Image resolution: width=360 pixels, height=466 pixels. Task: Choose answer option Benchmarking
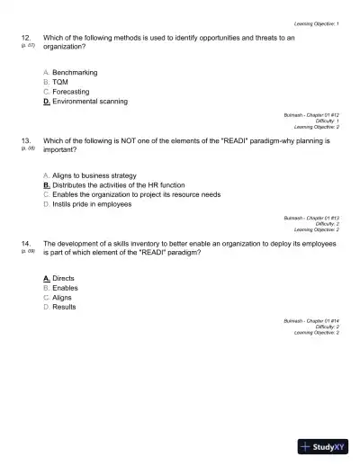click(75, 72)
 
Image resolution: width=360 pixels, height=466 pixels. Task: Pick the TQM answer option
click(60, 82)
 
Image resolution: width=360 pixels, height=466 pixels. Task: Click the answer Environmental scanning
click(89, 102)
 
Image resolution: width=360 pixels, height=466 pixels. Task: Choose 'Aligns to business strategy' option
click(94, 175)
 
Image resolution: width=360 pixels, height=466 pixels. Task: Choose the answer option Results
click(64, 308)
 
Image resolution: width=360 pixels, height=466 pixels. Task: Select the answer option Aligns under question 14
click(62, 298)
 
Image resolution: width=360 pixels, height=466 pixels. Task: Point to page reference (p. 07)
click(25, 46)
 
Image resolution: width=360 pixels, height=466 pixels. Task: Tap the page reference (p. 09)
click(25, 252)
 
